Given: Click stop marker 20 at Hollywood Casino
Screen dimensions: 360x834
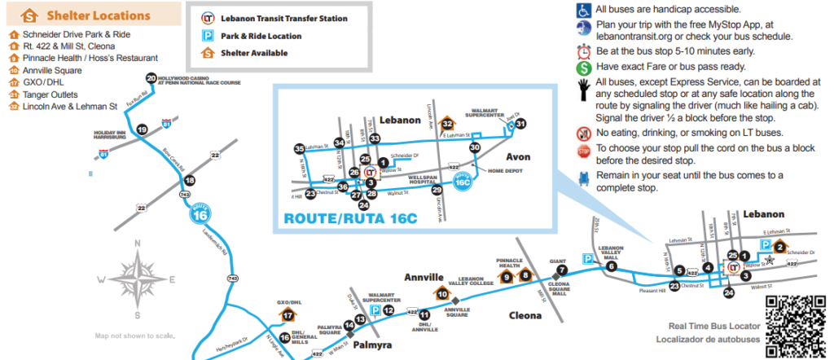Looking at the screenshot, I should point(151,78).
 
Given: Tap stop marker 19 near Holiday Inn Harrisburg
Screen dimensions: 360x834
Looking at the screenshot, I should point(142,130).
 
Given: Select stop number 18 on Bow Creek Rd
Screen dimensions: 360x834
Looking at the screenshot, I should point(190,180).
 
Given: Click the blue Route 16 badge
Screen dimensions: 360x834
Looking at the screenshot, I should point(200,215).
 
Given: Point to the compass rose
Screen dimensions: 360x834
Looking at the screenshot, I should point(138,276).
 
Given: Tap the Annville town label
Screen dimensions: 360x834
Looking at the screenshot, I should point(423,277).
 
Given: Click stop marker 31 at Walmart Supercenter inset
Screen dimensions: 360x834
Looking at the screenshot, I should point(521,124).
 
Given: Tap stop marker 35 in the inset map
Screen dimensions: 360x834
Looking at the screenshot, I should point(300,149).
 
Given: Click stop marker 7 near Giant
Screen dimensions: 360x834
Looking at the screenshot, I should point(561,270).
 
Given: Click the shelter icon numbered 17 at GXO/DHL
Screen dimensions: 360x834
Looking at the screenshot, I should point(288,315).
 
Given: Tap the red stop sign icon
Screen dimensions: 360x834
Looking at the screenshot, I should point(582,151).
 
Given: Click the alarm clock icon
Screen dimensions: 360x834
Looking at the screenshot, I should point(583,50).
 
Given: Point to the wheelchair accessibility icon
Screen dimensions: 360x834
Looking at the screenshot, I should point(583,10).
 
